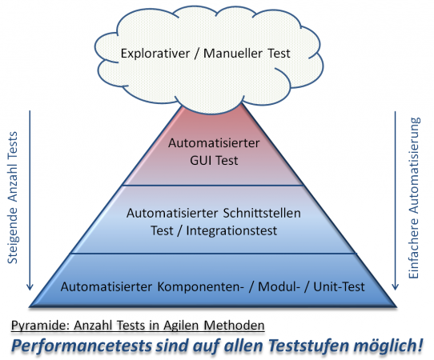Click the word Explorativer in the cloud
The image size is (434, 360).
(155, 54)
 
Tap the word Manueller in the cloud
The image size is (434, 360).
(233, 53)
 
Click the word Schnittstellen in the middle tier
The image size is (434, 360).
(262, 213)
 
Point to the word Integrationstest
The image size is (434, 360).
(231, 230)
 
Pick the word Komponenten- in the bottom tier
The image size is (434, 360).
(201, 286)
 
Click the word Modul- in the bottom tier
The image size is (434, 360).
(279, 286)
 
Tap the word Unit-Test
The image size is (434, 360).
(339, 286)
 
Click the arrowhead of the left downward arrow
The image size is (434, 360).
(30, 286)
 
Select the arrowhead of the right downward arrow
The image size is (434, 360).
(395, 286)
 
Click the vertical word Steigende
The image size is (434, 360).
(13, 235)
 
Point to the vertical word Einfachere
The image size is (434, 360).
(414, 248)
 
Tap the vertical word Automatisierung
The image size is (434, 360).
(414, 166)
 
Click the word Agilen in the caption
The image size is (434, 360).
(181, 325)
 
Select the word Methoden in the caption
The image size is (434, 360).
(234, 325)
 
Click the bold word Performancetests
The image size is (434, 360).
(82, 346)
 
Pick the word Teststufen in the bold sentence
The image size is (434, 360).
(309, 346)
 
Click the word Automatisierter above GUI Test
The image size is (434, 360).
(214, 143)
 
